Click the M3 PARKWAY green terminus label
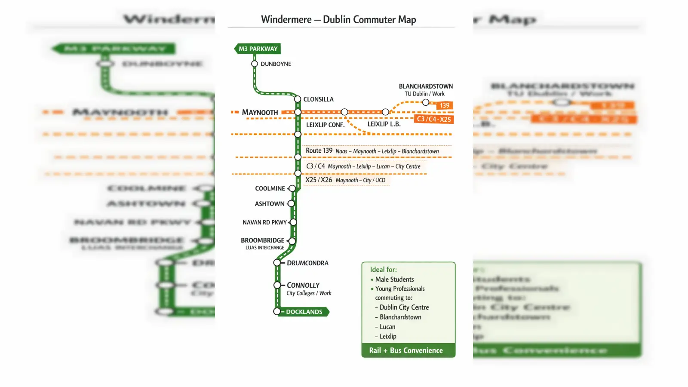(258, 49)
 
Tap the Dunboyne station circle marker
(255, 64)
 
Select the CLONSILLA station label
(318, 99)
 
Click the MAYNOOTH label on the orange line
(260, 113)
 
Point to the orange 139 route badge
(444, 105)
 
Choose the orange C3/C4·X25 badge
(434, 119)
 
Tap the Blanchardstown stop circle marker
(425, 102)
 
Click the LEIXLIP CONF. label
(325, 125)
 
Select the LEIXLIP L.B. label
(384, 124)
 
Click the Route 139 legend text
(319, 151)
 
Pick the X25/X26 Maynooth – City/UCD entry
(345, 180)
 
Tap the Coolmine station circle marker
(292, 188)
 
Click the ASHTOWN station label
(270, 204)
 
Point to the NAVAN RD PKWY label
(264, 222)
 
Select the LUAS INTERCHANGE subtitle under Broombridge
(264, 248)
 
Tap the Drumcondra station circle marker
(277, 263)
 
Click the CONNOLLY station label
(303, 285)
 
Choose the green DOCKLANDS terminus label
(304, 312)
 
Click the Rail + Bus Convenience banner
(406, 350)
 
